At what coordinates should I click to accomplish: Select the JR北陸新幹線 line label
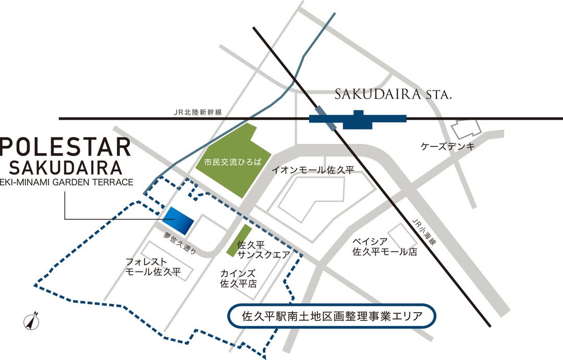201,112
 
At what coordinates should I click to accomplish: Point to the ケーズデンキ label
448,146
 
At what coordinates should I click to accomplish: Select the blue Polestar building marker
178,220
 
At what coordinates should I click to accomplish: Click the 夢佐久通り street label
180,243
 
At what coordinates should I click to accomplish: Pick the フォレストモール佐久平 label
153,266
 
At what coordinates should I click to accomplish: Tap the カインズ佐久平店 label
238,279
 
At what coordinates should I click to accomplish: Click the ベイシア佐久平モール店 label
385,247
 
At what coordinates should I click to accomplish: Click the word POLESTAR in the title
65,147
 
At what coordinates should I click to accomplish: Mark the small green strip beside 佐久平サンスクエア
239,241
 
